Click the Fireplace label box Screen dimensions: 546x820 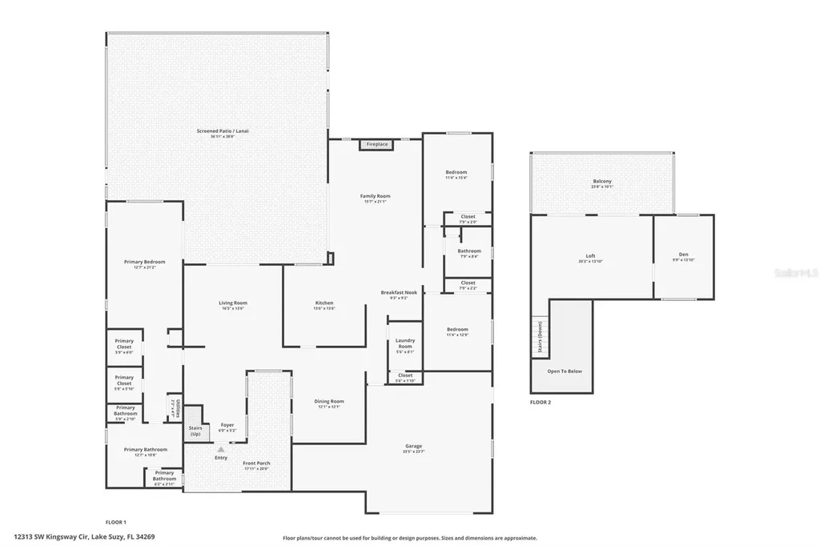[x=377, y=144]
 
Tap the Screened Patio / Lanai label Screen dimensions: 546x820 [x=218, y=130]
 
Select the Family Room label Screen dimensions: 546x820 [x=375, y=196]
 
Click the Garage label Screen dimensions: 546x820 [x=413, y=446]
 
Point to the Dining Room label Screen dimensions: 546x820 [x=329, y=401]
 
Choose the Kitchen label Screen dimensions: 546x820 [x=324, y=303]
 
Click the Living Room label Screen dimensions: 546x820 [x=233, y=303]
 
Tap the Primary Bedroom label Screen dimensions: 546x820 [x=144, y=263]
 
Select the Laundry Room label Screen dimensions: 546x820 [x=405, y=343]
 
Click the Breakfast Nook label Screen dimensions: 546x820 [x=399, y=293]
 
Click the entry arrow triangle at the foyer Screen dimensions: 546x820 [x=221, y=450]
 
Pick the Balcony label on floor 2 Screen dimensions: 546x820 [x=602, y=182]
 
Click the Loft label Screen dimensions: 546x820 [x=590, y=256]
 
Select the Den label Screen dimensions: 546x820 [x=683, y=255]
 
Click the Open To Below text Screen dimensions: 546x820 [x=564, y=371]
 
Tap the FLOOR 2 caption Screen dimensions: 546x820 [x=541, y=402]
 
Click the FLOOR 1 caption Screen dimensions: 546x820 [x=116, y=521]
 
